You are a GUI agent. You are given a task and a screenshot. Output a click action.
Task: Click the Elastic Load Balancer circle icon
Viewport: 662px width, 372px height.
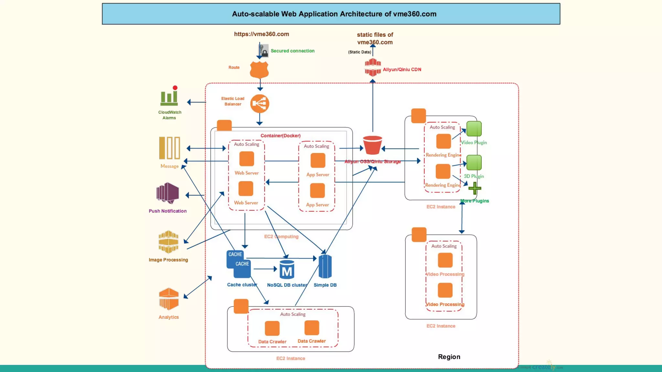point(260,104)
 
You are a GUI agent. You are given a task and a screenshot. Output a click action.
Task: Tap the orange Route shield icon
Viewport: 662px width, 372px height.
point(259,69)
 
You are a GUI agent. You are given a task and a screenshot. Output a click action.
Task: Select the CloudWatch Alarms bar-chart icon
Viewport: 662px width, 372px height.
point(169,97)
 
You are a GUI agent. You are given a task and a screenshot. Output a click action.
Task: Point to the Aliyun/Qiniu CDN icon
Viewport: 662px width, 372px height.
point(373,67)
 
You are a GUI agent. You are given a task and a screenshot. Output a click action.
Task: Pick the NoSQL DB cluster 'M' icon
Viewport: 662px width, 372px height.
point(287,270)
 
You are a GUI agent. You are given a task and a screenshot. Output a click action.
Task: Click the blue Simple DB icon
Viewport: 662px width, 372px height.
point(325,266)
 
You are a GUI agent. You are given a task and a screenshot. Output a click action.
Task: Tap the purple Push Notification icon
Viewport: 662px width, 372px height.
point(168,193)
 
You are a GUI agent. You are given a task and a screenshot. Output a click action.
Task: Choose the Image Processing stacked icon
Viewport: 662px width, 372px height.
point(168,242)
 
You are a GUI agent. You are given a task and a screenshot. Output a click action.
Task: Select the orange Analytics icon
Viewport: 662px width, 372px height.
point(169,299)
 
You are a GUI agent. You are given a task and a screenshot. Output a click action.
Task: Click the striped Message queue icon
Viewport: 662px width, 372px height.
point(169,148)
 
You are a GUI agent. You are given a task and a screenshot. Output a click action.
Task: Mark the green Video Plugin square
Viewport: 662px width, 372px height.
point(474,129)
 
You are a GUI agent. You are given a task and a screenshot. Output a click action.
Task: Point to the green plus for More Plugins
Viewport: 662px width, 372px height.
point(475,188)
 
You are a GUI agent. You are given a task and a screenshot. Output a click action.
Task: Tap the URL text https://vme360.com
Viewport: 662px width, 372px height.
point(262,34)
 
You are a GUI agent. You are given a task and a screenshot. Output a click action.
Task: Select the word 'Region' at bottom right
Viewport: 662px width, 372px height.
point(449,356)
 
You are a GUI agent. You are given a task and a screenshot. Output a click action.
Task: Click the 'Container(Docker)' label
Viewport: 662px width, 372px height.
point(281,136)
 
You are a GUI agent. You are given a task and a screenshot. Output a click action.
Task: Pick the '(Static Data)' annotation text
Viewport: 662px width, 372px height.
point(359,52)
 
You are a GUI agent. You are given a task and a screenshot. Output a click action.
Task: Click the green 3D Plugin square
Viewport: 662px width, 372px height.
point(474,162)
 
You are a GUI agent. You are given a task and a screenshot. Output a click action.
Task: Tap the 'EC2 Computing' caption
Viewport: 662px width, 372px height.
point(281,236)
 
